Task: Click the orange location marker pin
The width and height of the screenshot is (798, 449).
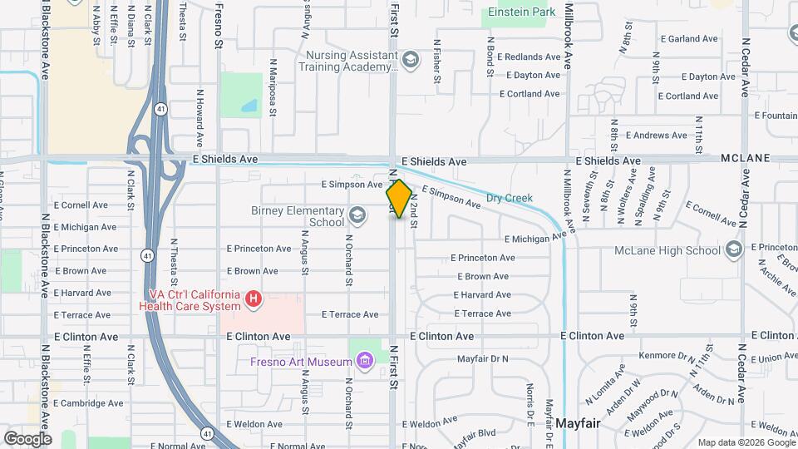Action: point(399,200)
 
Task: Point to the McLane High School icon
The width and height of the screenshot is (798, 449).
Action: point(733,249)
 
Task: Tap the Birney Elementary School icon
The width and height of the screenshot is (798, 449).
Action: point(357,216)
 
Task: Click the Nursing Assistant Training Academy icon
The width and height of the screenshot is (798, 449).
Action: point(410,60)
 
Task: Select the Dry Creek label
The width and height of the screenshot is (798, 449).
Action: point(509,199)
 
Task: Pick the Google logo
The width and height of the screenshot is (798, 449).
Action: point(27,438)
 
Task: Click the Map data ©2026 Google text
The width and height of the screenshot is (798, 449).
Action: point(746,442)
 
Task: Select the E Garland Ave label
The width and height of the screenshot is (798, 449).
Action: point(688,39)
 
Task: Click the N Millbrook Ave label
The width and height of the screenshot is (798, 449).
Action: point(569,37)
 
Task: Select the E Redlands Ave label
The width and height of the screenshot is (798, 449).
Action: point(530,57)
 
